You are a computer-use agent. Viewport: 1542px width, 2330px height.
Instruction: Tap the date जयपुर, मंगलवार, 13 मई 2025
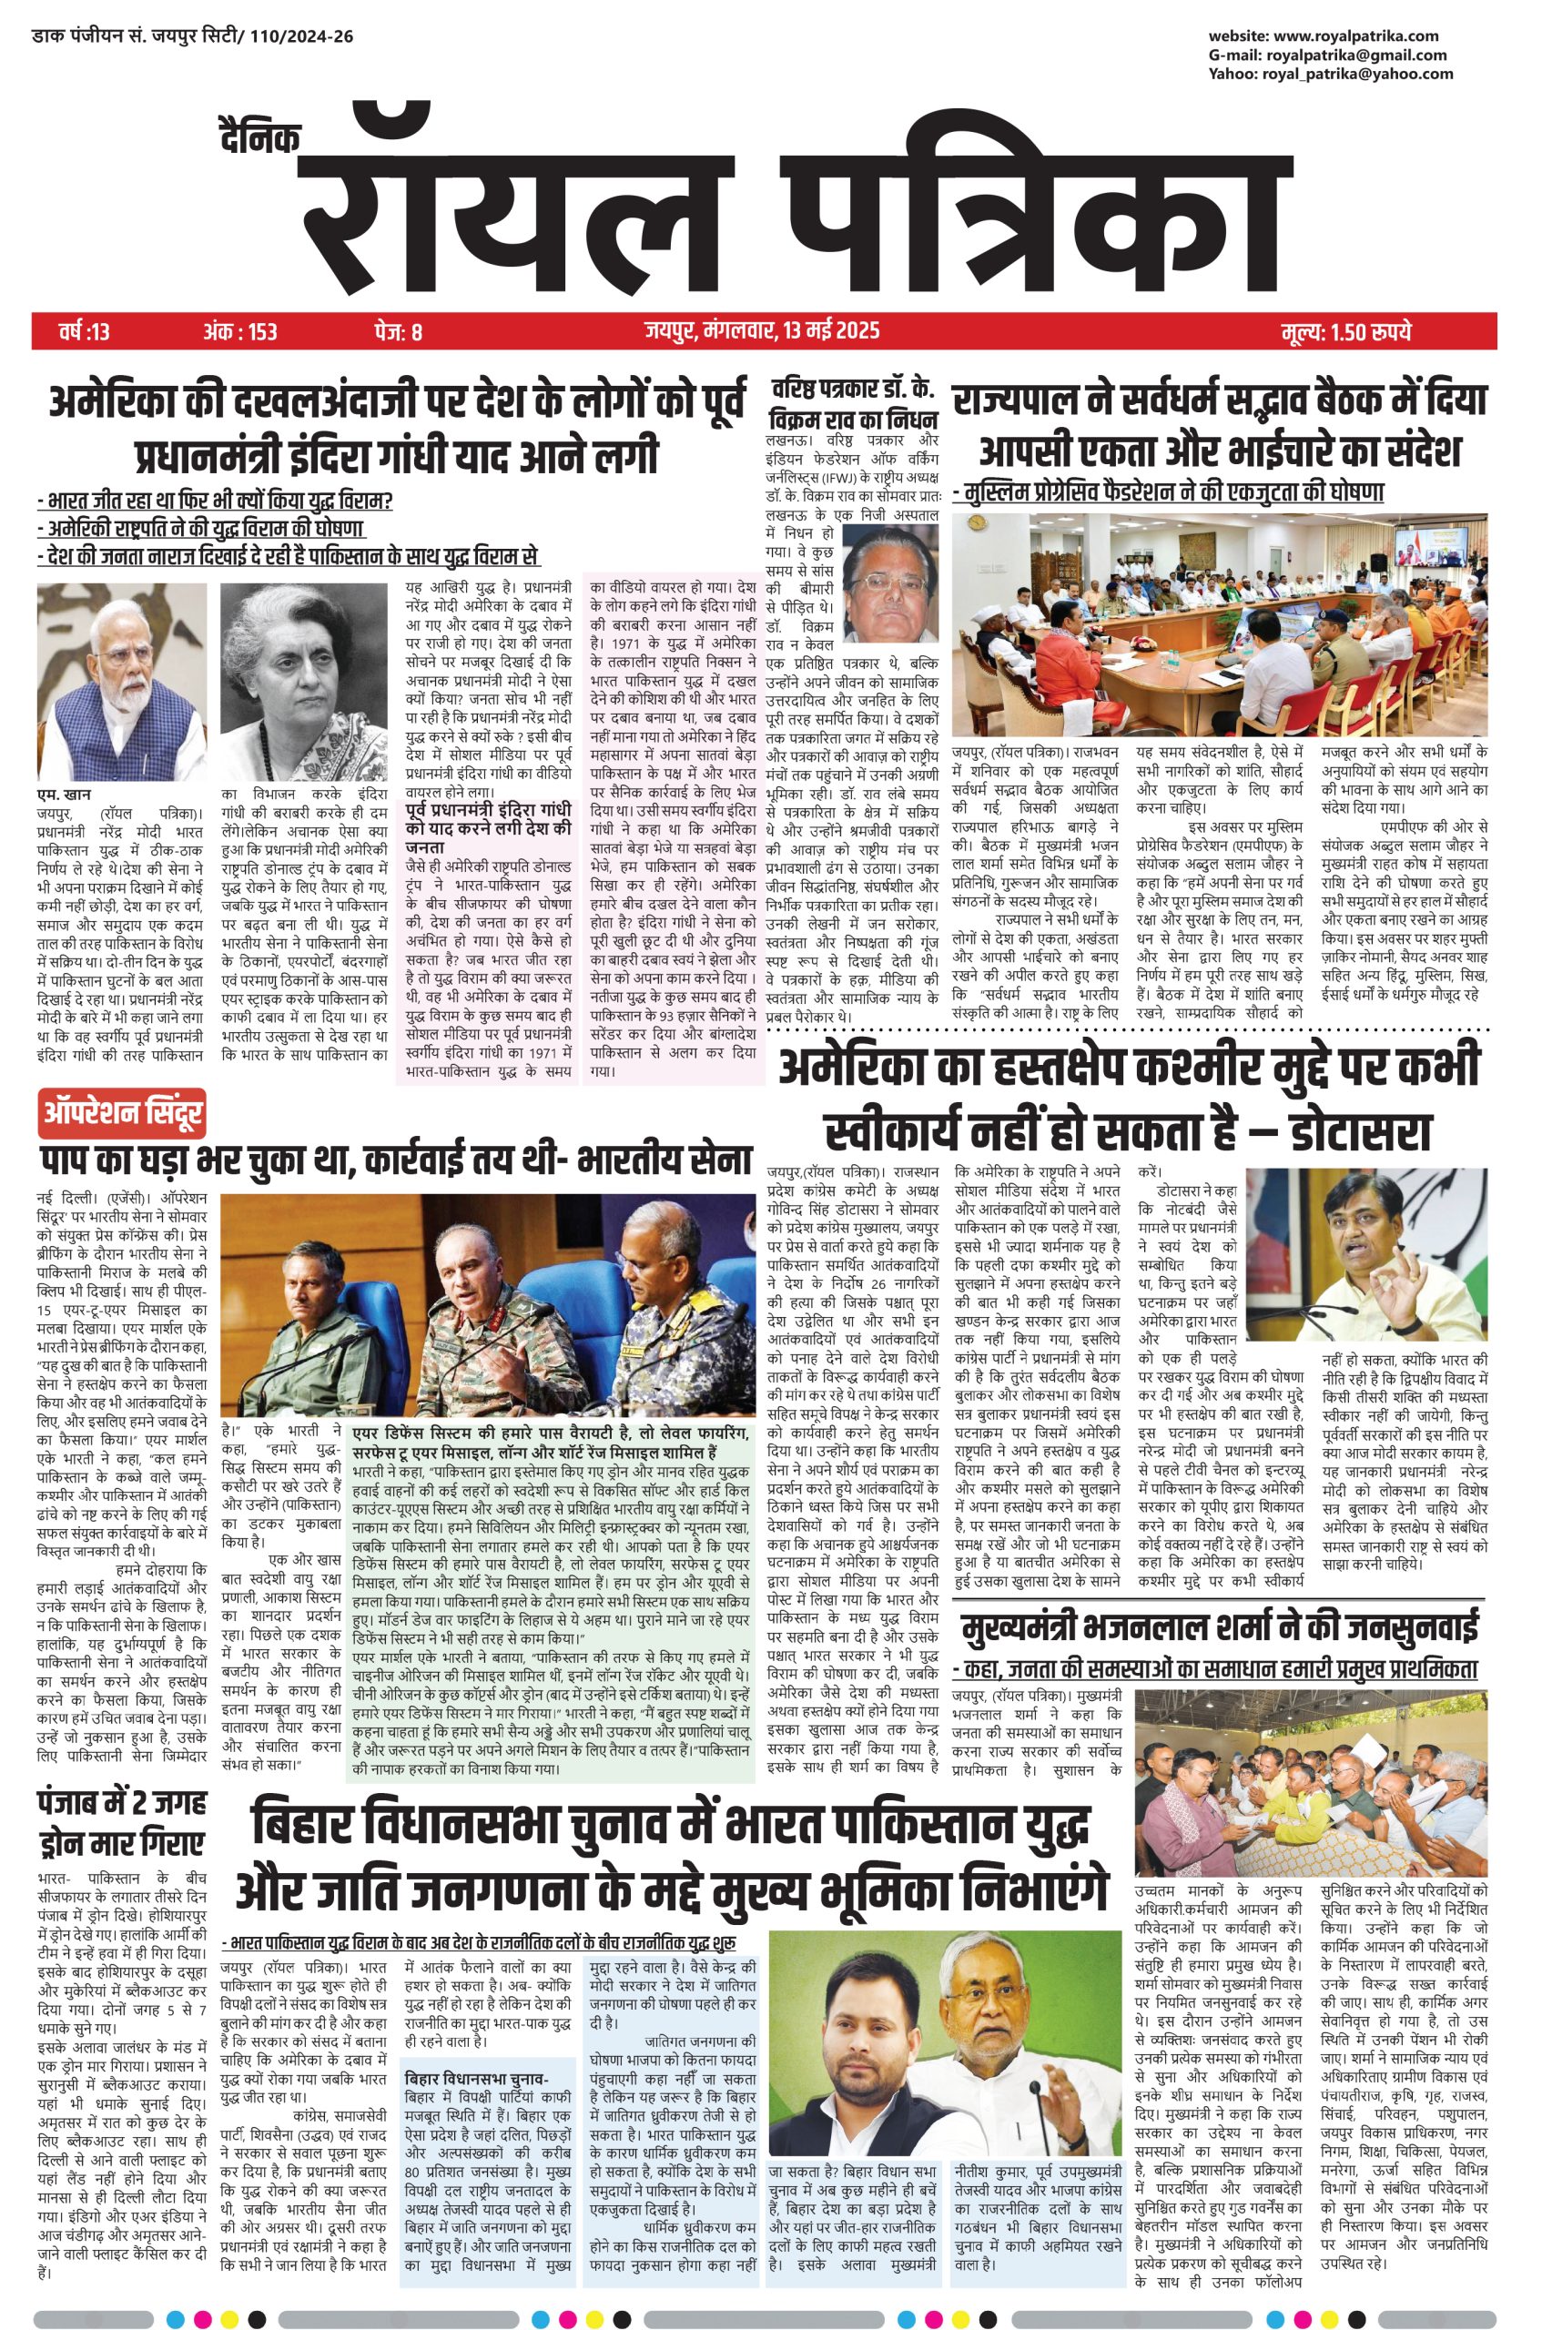762,331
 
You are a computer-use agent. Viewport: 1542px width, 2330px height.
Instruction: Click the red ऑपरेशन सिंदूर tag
124,1114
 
